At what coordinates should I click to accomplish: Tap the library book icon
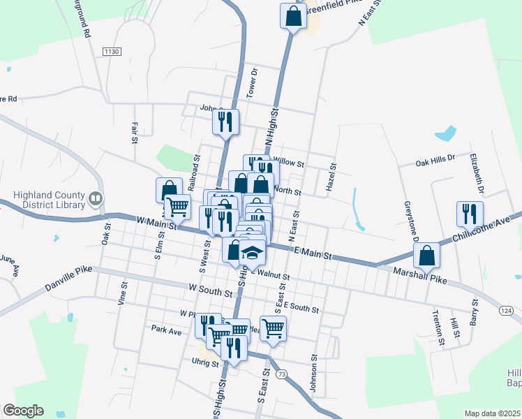(x=95, y=200)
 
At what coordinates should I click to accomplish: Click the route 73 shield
(x=282, y=374)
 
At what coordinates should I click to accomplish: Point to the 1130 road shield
(x=112, y=52)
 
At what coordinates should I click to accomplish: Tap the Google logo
(x=23, y=411)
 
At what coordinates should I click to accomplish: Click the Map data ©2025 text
(x=493, y=413)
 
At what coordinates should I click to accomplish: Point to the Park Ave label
(x=166, y=329)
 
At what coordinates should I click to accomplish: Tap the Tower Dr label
(x=254, y=82)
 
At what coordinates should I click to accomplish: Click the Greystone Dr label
(x=411, y=222)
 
